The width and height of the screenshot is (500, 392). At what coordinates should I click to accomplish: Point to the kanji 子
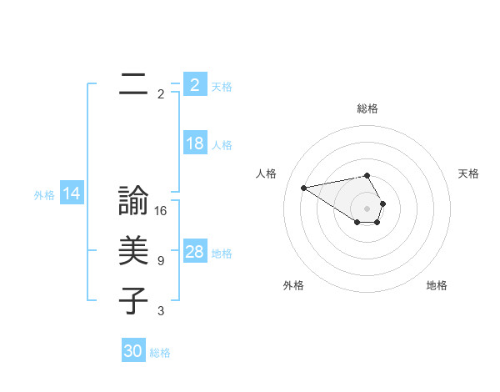tap(133, 301)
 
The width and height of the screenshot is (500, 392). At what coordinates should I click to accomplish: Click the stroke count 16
tap(161, 211)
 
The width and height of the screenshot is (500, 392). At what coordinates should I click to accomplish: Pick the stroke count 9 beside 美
tap(161, 261)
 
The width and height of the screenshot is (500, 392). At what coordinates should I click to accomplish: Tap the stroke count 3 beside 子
tap(161, 311)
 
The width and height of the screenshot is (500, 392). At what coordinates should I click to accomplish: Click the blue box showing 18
tap(195, 143)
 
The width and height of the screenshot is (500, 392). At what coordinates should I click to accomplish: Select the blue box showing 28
tap(195, 252)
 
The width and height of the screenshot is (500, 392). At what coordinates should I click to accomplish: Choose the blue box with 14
tap(72, 194)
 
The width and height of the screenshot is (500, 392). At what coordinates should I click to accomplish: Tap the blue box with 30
tap(133, 351)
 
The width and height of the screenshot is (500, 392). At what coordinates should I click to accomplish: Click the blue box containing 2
tap(195, 84)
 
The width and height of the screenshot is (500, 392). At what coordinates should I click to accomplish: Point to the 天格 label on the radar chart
tap(468, 173)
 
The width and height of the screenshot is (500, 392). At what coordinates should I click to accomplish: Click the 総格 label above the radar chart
tap(367, 108)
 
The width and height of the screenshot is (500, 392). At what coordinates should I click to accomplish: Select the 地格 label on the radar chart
tap(437, 285)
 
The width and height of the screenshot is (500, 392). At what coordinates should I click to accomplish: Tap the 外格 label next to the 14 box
tap(44, 195)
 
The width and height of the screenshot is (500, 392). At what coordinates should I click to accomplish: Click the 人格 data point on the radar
tap(303, 187)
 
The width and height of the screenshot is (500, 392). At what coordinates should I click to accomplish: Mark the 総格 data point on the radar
tap(367, 175)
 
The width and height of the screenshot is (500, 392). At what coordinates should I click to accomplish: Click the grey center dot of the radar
tap(367, 208)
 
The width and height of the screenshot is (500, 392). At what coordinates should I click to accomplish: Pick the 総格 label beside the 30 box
tap(160, 352)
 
